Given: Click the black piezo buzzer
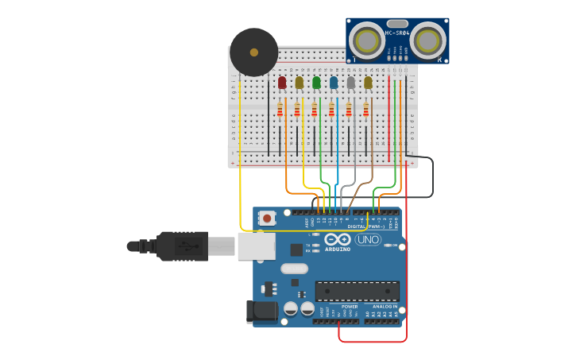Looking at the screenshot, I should tap(253, 52).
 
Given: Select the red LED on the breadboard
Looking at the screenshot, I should tap(282, 83).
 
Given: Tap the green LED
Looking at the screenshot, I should tap(316, 83).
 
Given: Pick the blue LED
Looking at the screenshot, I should tap(334, 83).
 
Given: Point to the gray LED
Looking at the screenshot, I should tap(350, 83).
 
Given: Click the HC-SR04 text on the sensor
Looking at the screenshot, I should tap(397, 33).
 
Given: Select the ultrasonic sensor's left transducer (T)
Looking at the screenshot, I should tap(367, 40).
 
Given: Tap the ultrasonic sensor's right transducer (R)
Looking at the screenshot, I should tap(428, 39).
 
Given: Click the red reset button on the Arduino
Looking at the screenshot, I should tap(267, 218).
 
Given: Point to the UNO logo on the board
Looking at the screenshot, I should tap(368, 239).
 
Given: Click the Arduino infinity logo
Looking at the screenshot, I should tap(338, 239).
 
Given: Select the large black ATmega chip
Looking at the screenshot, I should tap(357, 291).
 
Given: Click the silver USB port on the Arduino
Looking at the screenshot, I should tap(256, 246).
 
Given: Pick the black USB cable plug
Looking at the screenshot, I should tap(183, 246).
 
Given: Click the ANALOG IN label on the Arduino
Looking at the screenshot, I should tap(385, 306).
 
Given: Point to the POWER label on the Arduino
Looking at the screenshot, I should tap(350, 306).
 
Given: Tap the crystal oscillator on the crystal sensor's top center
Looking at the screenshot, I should tap(397, 24).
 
